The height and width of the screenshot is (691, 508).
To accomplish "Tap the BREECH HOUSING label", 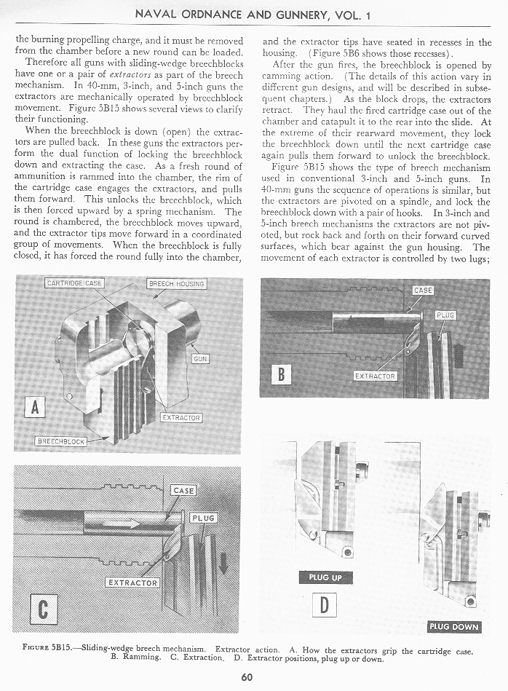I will pyautogui.click(x=177, y=283).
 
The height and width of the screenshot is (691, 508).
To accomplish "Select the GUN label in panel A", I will pyautogui.click(x=200, y=358).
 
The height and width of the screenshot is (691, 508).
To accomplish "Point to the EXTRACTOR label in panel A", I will pyautogui.click(x=182, y=418).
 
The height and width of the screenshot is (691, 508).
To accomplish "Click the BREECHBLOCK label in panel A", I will pyautogui.click(x=61, y=441).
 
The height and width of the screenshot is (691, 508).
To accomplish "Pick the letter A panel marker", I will pyautogui.click(x=34, y=405).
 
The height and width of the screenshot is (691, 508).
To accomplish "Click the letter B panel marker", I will pyautogui.click(x=281, y=374).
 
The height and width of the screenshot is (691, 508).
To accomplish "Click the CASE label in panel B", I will pyautogui.click(x=423, y=290).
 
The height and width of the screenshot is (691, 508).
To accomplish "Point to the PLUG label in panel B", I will pyautogui.click(x=445, y=315).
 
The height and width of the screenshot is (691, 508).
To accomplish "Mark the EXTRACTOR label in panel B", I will pyautogui.click(x=376, y=376).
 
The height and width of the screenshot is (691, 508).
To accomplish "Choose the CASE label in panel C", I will pyautogui.click(x=183, y=490).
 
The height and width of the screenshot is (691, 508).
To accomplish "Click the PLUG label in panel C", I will pyautogui.click(x=204, y=518).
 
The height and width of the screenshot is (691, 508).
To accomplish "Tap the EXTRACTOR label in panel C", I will pyautogui.click(x=132, y=583).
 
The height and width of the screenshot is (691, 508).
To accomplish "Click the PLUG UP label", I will pyautogui.click(x=325, y=577).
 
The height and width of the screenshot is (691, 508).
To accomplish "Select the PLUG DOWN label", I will pyautogui.click(x=454, y=627).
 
